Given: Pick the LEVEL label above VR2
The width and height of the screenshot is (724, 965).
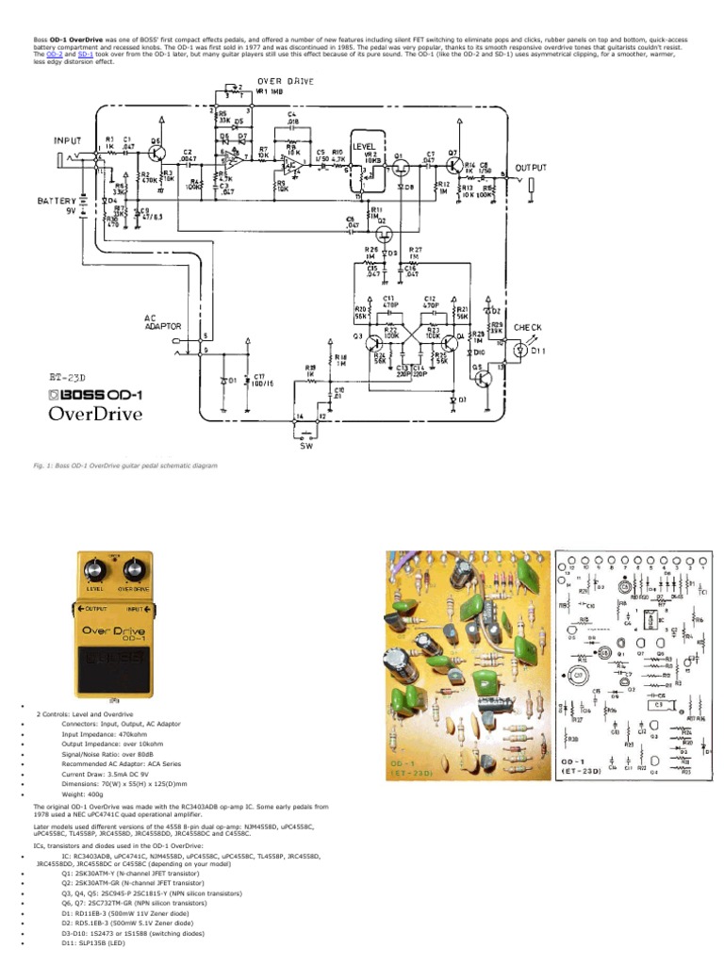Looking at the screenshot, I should tap(364, 147).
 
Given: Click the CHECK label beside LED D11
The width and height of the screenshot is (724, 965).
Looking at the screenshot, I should tap(528, 328).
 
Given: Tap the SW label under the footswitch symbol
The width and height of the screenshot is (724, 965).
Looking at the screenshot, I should tap(305, 446).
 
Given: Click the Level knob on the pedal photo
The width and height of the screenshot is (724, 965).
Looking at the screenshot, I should tap(95, 570).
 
